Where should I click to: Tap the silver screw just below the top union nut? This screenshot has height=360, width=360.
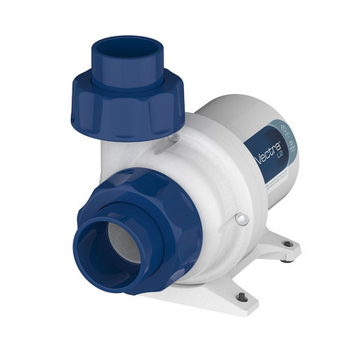[173, 139]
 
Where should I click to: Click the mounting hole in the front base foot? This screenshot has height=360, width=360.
[238, 297]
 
